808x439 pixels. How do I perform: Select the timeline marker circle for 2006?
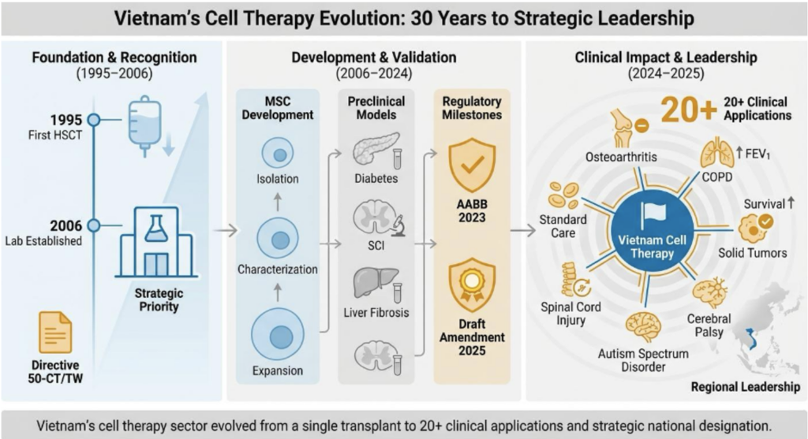pyautogui.click(x=93, y=225)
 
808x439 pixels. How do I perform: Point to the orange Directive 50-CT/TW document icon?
pyautogui.click(x=54, y=332)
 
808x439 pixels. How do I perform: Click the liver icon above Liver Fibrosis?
pyautogui.click(x=369, y=285)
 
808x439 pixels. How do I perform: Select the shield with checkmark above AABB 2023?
pyautogui.click(x=471, y=166)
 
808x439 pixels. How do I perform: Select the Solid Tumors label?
pyautogui.click(x=752, y=253)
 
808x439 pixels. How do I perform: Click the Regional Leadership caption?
pyautogui.click(x=745, y=387)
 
